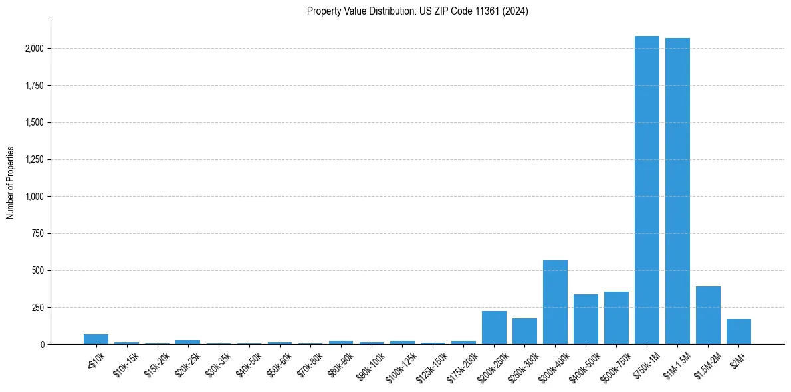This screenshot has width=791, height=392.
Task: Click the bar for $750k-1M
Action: coord(647,190)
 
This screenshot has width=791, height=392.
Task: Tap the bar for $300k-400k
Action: coord(555,302)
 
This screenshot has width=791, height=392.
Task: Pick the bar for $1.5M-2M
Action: coord(708,316)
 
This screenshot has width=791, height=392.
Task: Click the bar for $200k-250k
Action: coord(494,328)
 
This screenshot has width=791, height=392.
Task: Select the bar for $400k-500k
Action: coord(586,320)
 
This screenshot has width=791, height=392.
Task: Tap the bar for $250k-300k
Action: coord(524,331)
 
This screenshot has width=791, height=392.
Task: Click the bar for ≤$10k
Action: coord(96,340)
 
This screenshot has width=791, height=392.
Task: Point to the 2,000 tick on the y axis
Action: coord(35,49)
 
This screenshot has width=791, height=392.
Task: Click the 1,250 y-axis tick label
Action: coord(35,159)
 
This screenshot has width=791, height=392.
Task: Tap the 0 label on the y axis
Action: coord(42,344)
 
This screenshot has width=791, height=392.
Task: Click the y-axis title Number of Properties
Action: coord(11,182)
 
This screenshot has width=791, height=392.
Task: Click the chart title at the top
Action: coord(417,11)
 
